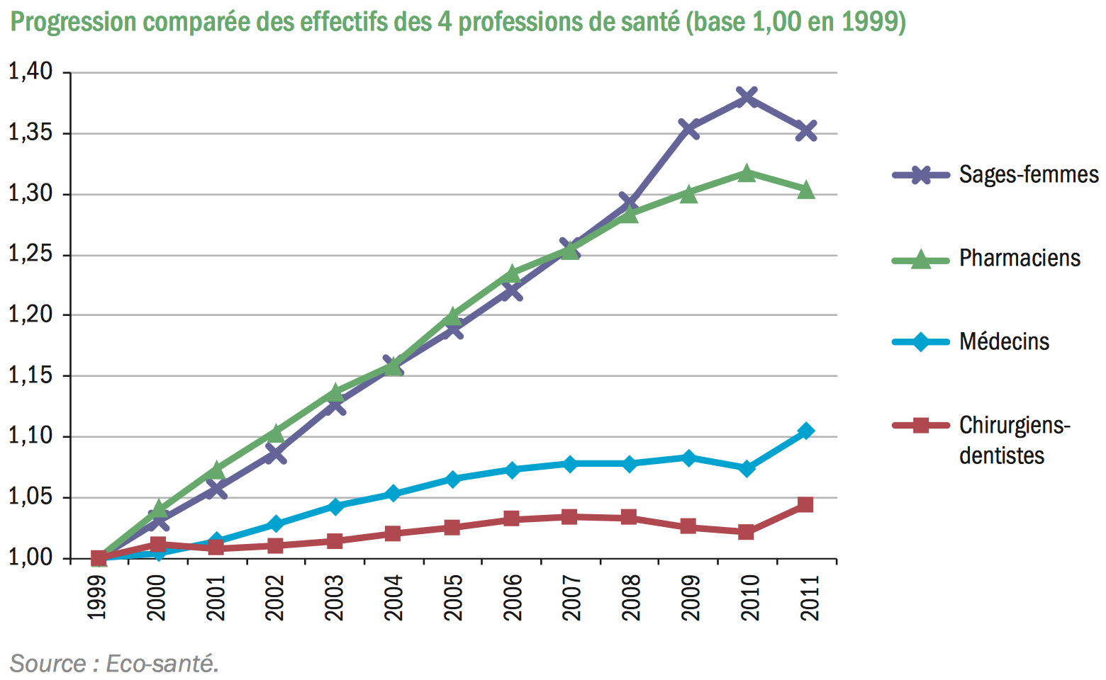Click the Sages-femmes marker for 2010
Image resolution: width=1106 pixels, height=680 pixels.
point(747,96)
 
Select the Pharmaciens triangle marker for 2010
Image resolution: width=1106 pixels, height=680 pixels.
point(747,173)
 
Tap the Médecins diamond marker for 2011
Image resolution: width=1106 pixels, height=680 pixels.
point(805,431)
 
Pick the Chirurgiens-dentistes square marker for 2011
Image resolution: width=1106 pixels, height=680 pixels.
point(805,504)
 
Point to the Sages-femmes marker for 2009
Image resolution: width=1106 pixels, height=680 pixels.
point(688,128)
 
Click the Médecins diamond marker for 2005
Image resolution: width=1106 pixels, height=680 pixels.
point(453,479)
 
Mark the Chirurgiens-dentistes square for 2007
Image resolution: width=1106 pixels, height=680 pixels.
point(570,516)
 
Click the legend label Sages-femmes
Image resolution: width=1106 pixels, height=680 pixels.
point(1028,174)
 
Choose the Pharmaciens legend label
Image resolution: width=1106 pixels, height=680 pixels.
point(1020,258)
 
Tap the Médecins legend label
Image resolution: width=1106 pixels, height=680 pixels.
point(1004,341)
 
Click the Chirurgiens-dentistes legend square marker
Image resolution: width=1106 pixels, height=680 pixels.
point(920,425)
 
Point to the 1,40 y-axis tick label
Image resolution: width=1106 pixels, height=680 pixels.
point(30,72)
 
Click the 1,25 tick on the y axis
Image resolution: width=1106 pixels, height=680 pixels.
point(30,254)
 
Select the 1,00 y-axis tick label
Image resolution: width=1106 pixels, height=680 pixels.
point(30,557)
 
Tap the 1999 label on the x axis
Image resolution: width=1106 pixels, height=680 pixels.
point(98,597)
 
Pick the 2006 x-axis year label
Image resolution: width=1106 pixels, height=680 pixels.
point(512,597)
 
